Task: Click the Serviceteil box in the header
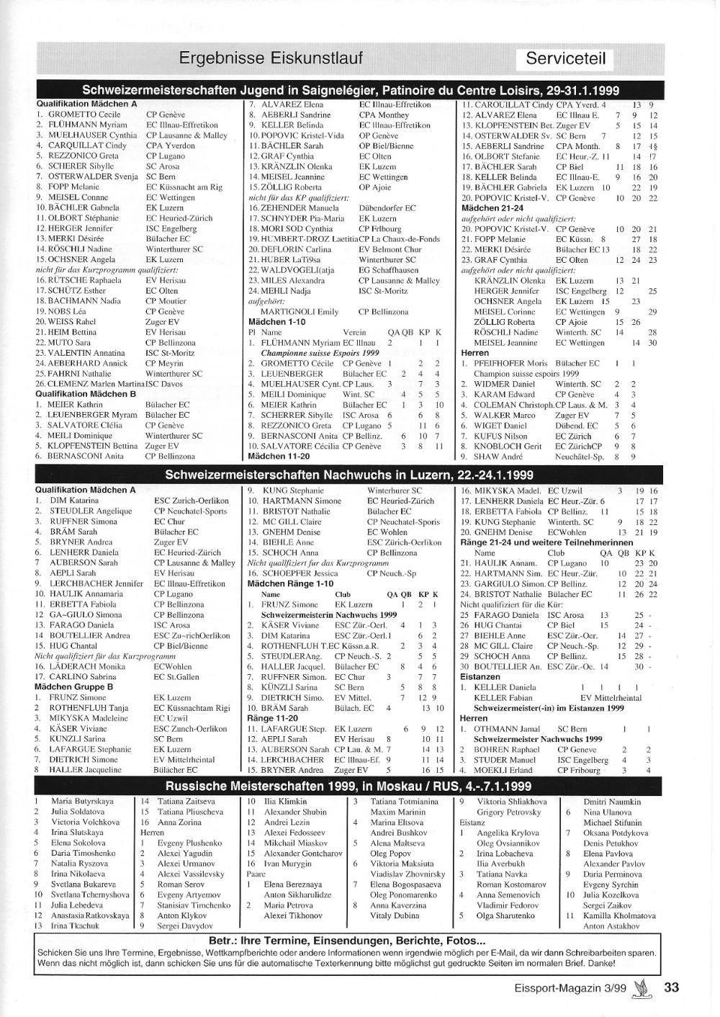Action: tap(565, 58)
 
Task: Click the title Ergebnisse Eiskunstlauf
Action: tap(271, 58)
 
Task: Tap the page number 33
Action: tap(671, 987)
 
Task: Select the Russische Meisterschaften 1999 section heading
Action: tap(348, 786)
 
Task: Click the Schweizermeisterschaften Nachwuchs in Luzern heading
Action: tap(348, 475)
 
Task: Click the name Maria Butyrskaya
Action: tap(82, 801)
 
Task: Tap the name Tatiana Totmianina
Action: tap(404, 801)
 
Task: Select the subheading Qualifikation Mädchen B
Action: tap(86, 394)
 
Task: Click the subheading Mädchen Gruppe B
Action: tap(74, 687)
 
